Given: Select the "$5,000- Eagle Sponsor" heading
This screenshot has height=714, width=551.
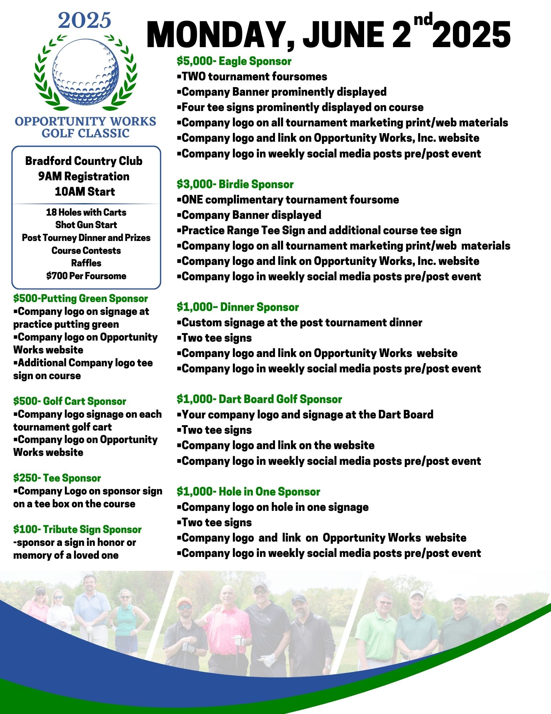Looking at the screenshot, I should coord(234,61).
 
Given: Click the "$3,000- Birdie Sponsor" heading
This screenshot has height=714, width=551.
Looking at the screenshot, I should coord(235,184).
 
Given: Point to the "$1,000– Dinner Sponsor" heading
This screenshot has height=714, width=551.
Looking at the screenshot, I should coord(238,307).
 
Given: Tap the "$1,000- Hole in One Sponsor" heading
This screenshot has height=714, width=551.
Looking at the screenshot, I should coord(248,492).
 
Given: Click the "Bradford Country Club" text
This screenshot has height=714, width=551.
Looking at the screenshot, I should coord(84,161).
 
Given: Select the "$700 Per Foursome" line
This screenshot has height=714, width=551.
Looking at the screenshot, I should coord(86,276).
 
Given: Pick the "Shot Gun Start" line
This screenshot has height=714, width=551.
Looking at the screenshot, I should coord(86,225).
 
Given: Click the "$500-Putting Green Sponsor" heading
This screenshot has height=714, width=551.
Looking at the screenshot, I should coord(80,298).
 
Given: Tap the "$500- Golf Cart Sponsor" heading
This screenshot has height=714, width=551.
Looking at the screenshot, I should coord(70,401).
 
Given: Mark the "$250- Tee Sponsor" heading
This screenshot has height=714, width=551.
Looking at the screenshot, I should coord(57,478).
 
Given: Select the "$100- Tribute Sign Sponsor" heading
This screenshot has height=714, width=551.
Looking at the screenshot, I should coord(77,529).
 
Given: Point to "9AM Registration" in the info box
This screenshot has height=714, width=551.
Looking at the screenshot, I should coord(84,176).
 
